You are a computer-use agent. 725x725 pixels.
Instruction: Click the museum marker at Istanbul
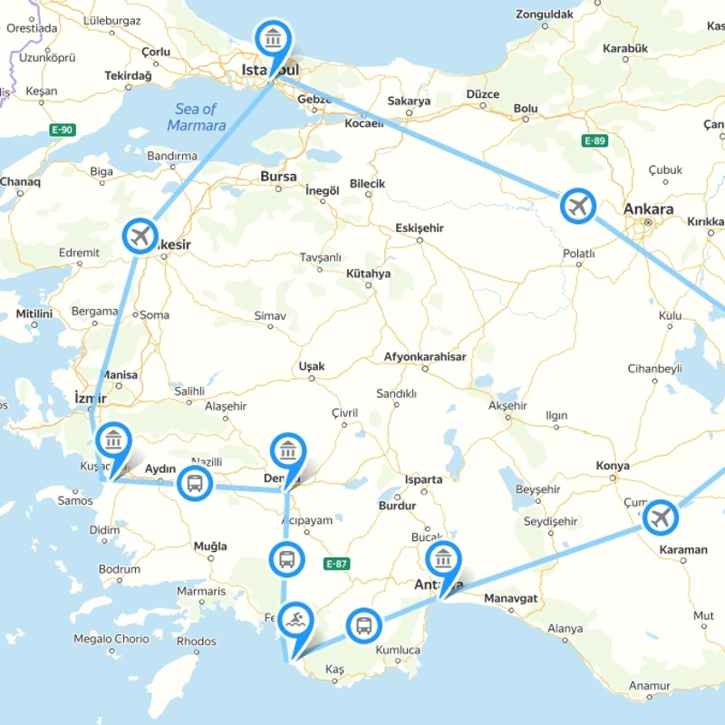[x=273, y=39]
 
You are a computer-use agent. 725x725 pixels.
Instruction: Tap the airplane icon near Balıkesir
[x=140, y=237]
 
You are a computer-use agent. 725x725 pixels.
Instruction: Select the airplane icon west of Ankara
[x=578, y=207]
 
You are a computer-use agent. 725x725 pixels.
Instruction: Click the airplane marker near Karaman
[x=661, y=517]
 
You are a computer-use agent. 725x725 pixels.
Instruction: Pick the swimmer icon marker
[x=295, y=622]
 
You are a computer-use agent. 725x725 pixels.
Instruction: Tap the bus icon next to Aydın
[x=194, y=483]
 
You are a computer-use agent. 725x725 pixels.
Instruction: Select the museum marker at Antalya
[x=442, y=558]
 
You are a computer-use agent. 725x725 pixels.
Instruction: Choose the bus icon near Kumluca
[x=363, y=624]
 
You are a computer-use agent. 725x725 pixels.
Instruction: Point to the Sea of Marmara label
[x=197, y=118]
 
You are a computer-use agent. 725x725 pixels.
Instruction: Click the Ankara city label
[x=648, y=209]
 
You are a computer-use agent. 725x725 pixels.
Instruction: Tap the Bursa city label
[x=278, y=177]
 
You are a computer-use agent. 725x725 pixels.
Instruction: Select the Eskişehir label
[x=420, y=228]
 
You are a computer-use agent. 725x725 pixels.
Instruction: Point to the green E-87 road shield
[x=336, y=564]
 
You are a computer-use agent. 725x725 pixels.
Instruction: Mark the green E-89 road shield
[x=594, y=140]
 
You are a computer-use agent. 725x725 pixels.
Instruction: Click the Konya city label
[x=613, y=466]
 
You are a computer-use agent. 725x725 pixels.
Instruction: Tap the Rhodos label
[x=197, y=642]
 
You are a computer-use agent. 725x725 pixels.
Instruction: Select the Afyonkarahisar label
[x=425, y=357]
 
